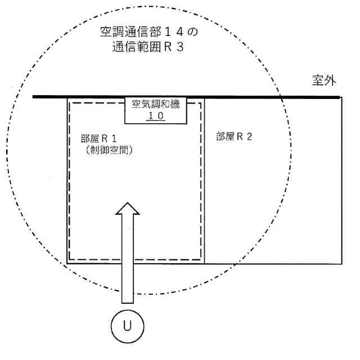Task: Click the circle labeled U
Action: pyautogui.click(x=127, y=325)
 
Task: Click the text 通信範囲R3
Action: pyautogui.click(x=148, y=47)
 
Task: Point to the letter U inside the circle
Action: pyautogui.click(x=127, y=325)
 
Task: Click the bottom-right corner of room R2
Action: pyautogui.click(x=341, y=263)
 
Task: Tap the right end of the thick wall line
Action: pyautogui.click(x=339, y=97)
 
